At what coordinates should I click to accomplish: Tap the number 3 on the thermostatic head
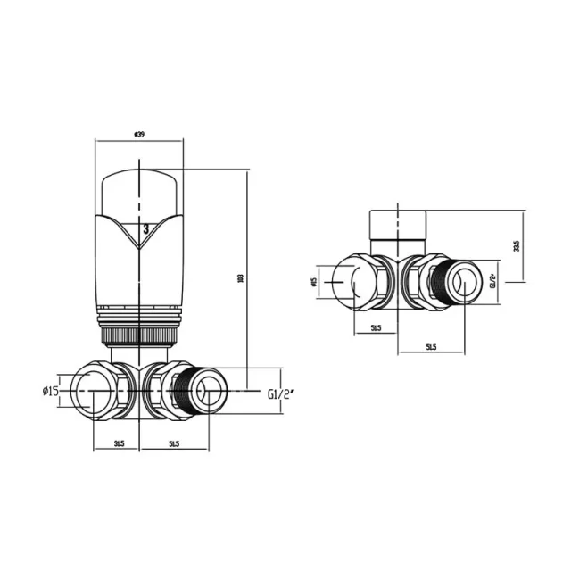tap(145, 229)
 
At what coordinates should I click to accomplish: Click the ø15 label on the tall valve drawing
tap(50, 391)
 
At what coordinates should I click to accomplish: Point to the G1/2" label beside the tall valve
tap(280, 392)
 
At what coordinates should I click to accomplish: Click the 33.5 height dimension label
tap(517, 245)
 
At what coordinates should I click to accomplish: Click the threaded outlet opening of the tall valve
tap(210, 390)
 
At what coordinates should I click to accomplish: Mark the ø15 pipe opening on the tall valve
tap(91, 391)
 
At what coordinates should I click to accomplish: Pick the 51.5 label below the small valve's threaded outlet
tap(431, 346)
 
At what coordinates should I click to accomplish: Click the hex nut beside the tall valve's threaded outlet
tap(161, 391)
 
